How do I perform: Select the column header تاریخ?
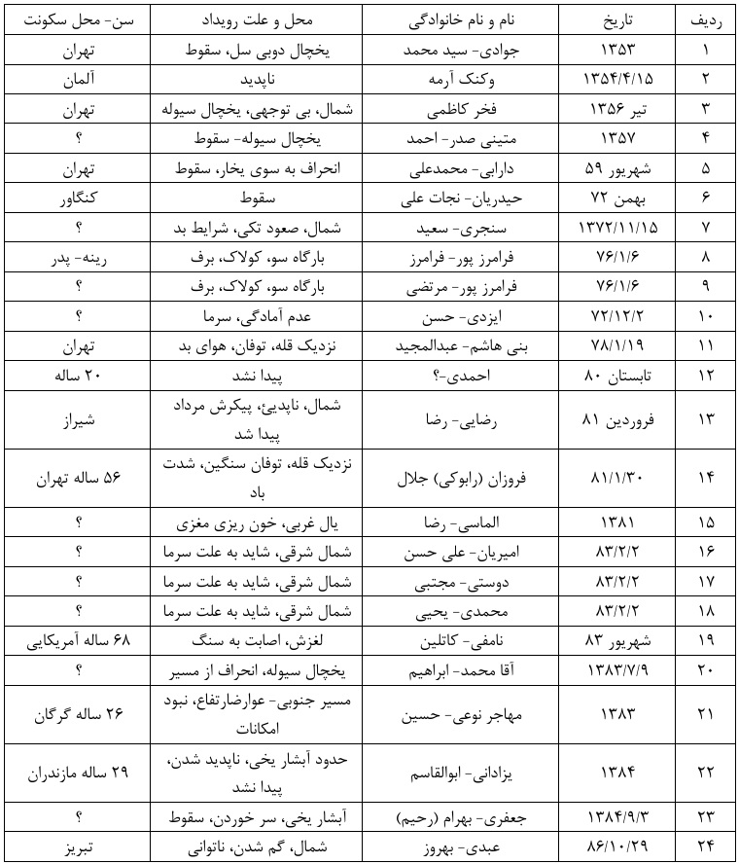(618, 20)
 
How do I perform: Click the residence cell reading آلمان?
(75, 75)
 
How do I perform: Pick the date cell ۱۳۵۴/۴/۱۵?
(618, 75)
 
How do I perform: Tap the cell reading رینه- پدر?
(75, 259)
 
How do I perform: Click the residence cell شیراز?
(75, 419)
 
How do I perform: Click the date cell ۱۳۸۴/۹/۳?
(618, 815)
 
